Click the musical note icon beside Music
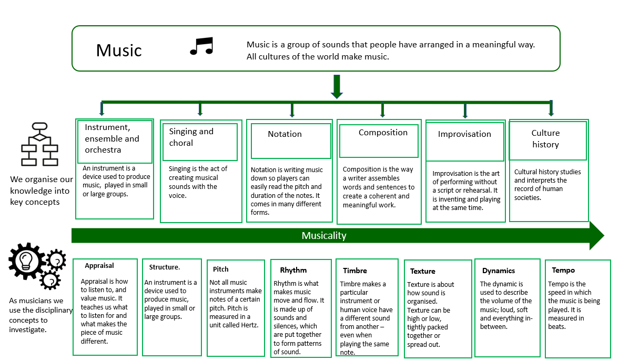click(201, 46)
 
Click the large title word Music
click(119, 51)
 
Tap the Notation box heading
click(285, 134)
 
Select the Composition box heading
click(383, 133)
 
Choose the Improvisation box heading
click(464, 134)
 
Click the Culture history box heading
click(545, 139)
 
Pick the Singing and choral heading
click(191, 137)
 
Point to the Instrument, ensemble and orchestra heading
click(112, 138)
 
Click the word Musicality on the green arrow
click(324, 236)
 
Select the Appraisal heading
click(99, 266)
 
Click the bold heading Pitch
click(221, 269)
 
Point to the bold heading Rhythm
click(293, 270)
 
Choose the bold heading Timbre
click(355, 271)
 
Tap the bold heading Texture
click(422, 272)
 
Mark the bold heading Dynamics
click(499, 271)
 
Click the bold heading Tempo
click(563, 271)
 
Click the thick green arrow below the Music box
click(337, 86)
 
